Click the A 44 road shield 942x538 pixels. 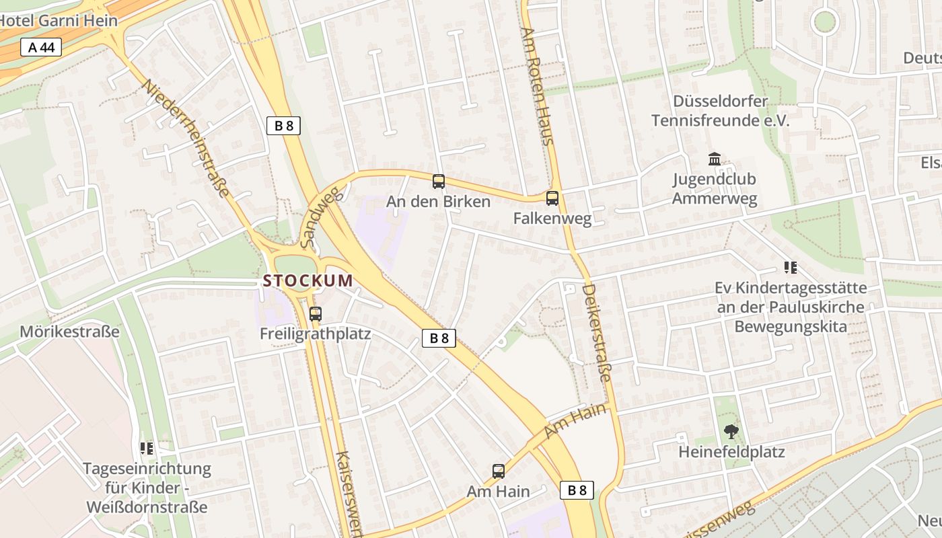(41, 47)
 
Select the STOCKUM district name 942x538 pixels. (308, 280)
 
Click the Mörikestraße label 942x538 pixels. (69, 332)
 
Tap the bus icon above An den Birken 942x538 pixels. (439, 181)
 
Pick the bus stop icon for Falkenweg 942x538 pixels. (552, 198)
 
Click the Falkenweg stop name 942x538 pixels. (552, 219)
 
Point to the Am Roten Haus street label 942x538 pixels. (538, 86)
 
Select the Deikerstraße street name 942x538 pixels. (596, 332)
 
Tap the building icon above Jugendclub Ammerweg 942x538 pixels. (715, 159)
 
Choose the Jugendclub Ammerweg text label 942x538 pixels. (715, 189)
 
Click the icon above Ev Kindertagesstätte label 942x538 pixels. (791, 268)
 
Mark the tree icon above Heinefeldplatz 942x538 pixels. (731, 431)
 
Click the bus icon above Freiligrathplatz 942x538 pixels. (315, 313)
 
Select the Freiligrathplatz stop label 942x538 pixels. (315, 334)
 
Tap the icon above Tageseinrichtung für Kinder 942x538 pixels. (147, 448)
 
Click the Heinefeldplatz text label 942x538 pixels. (731, 452)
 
